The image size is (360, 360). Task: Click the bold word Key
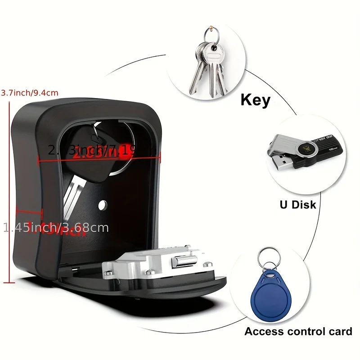[x=256, y=99]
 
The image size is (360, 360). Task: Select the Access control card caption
[x=298, y=332]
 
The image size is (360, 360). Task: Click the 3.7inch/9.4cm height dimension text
[x=30, y=93]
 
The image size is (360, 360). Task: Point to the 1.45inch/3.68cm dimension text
[x=56, y=228]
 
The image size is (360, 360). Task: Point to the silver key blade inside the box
[x=72, y=198]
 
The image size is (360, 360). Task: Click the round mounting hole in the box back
[x=103, y=205]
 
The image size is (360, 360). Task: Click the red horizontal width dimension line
[x=99, y=155]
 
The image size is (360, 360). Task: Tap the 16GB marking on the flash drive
[x=333, y=148]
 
